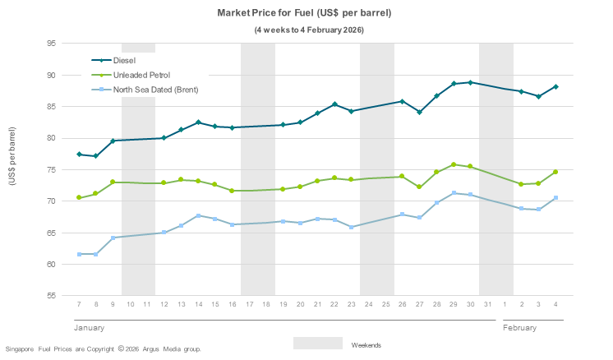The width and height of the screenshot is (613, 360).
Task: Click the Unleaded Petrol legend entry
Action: click(x=141, y=75)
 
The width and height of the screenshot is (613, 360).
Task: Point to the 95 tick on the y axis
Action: click(x=51, y=44)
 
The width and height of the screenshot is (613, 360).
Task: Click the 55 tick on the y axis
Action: click(x=51, y=295)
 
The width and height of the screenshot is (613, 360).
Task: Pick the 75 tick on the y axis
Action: click(x=51, y=169)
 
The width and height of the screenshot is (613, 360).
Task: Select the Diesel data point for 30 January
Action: click(x=470, y=82)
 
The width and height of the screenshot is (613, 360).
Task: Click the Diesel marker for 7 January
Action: click(x=79, y=154)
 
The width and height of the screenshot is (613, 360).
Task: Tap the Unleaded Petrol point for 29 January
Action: click(x=454, y=164)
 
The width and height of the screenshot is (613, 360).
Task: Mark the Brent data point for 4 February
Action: click(x=555, y=197)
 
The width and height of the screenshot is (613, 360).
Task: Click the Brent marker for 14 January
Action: click(x=198, y=215)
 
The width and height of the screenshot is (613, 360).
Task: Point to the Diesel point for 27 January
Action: click(x=419, y=112)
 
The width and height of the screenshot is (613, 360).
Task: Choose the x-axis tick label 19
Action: click(x=283, y=304)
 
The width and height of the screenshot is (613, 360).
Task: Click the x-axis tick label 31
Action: click(x=487, y=304)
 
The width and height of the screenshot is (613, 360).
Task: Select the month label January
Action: click(x=89, y=327)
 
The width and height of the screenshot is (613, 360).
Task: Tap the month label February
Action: click(x=519, y=327)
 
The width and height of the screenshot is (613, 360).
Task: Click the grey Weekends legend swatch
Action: click(x=317, y=343)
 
